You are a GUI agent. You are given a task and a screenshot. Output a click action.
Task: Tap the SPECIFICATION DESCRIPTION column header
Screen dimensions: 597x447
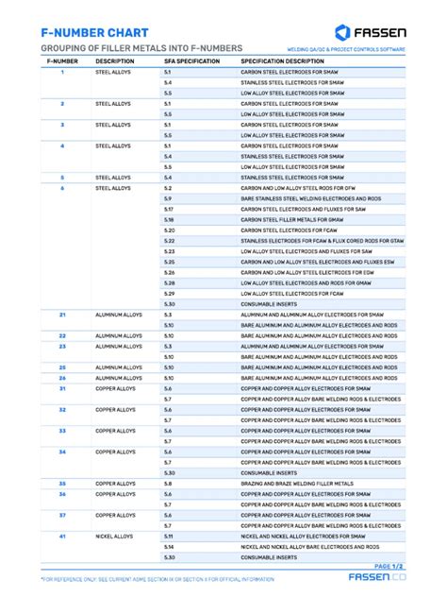click(x=282, y=60)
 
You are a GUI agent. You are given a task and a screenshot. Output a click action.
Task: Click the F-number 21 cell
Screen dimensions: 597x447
click(x=62, y=315)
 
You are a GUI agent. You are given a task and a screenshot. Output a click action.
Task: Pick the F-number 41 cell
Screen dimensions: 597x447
click(x=62, y=536)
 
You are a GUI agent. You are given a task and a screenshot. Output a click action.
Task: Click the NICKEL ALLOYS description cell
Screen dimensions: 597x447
click(x=115, y=536)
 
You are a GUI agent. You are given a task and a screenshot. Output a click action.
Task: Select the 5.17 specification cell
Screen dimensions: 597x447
click(x=169, y=209)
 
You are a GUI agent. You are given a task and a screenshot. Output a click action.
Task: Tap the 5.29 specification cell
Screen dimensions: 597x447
click(x=170, y=293)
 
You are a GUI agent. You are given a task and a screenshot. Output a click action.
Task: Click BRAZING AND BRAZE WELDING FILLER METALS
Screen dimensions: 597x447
click(x=297, y=484)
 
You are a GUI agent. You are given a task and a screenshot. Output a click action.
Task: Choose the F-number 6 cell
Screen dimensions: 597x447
click(x=62, y=188)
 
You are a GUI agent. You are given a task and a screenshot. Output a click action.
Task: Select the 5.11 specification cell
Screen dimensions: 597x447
click(x=169, y=536)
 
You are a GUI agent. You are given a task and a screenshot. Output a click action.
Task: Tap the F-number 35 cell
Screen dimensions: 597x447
click(x=62, y=484)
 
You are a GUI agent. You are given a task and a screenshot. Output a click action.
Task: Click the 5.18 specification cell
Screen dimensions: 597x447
click(x=169, y=219)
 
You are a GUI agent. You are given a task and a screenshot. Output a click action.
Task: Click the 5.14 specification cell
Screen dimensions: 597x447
click(x=169, y=547)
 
